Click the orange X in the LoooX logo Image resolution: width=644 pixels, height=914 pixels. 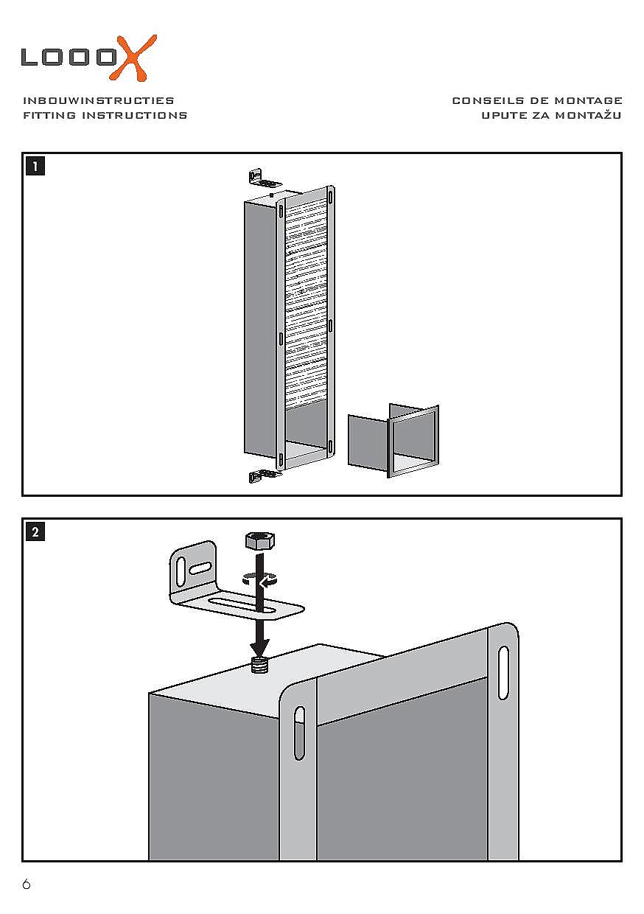pyautogui.click(x=136, y=57)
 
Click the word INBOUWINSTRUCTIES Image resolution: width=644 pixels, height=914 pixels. pyautogui.click(x=99, y=100)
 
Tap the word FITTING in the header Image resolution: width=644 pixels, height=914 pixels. pyautogui.click(x=49, y=116)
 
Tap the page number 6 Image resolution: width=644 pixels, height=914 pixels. pyautogui.click(x=27, y=885)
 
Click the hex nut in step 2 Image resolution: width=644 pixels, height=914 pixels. pyautogui.click(x=259, y=542)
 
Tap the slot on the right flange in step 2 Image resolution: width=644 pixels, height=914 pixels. pyautogui.click(x=503, y=673)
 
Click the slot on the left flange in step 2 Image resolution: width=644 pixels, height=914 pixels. pyautogui.click(x=299, y=733)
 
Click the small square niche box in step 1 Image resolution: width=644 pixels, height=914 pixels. pyautogui.click(x=394, y=441)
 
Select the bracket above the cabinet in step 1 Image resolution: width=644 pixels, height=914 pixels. pyautogui.click(x=263, y=178)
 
